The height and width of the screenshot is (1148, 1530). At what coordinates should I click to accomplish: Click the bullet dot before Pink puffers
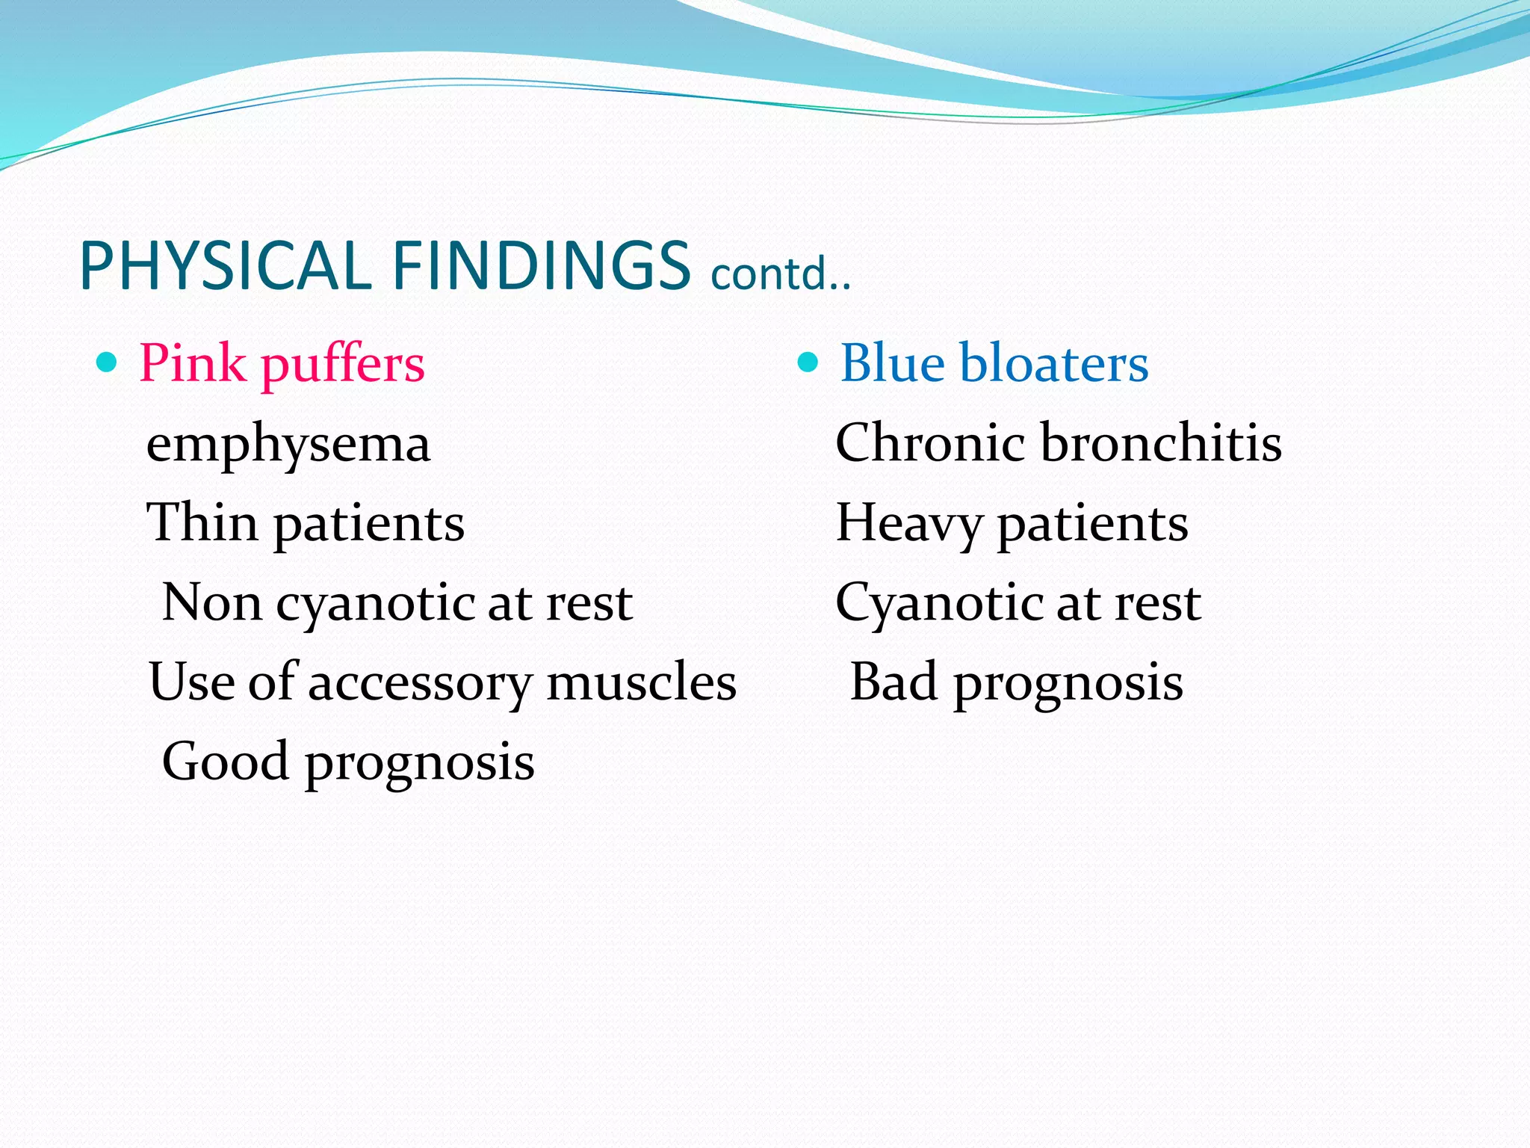click(x=108, y=363)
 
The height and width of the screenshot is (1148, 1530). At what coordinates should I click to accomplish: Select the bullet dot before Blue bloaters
click(x=808, y=363)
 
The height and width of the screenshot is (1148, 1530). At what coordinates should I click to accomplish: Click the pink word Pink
click(x=192, y=364)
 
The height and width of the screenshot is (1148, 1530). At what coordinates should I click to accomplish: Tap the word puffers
click(x=343, y=366)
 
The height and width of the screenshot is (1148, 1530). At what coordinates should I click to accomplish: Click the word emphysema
click(x=288, y=445)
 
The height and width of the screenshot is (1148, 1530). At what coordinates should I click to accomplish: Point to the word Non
click(x=211, y=602)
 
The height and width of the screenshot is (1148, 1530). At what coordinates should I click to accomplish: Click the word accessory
click(x=419, y=684)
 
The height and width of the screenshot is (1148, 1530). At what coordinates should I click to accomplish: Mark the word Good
click(x=226, y=762)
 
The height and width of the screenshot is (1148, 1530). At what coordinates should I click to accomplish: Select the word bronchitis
click(x=1161, y=442)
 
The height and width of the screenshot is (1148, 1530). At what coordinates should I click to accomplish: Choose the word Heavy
click(x=908, y=523)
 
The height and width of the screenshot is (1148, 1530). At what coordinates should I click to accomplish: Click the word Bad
click(x=893, y=682)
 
